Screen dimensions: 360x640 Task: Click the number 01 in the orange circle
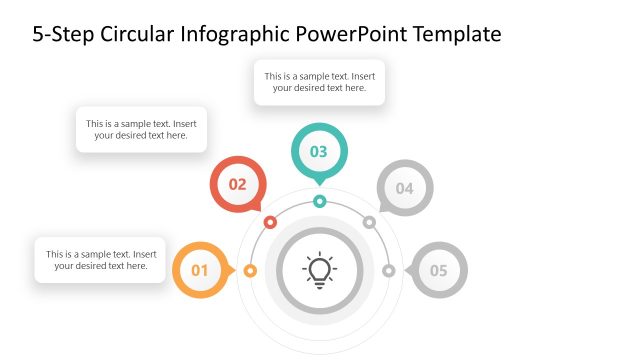tap(199, 270)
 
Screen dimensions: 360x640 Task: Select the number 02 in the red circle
tap(238, 185)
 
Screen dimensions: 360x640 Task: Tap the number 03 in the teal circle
tap(319, 152)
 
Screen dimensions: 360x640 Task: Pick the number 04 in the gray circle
tap(404, 188)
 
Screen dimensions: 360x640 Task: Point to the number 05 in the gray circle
tap(439, 270)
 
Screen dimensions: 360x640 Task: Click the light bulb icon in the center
tap(319, 270)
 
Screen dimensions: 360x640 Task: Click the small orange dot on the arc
tap(250, 270)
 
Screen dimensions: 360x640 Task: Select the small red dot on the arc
tap(270, 222)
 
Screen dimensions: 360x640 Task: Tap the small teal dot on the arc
tap(319, 201)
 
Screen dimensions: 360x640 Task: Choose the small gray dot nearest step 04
tap(369, 222)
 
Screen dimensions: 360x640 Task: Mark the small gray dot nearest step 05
tap(389, 270)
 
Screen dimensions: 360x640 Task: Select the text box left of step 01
tap(100, 260)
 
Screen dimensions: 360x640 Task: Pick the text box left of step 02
tap(141, 130)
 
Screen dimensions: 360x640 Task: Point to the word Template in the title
tap(457, 35)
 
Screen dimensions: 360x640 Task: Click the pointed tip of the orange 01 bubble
tap(235, 270)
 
